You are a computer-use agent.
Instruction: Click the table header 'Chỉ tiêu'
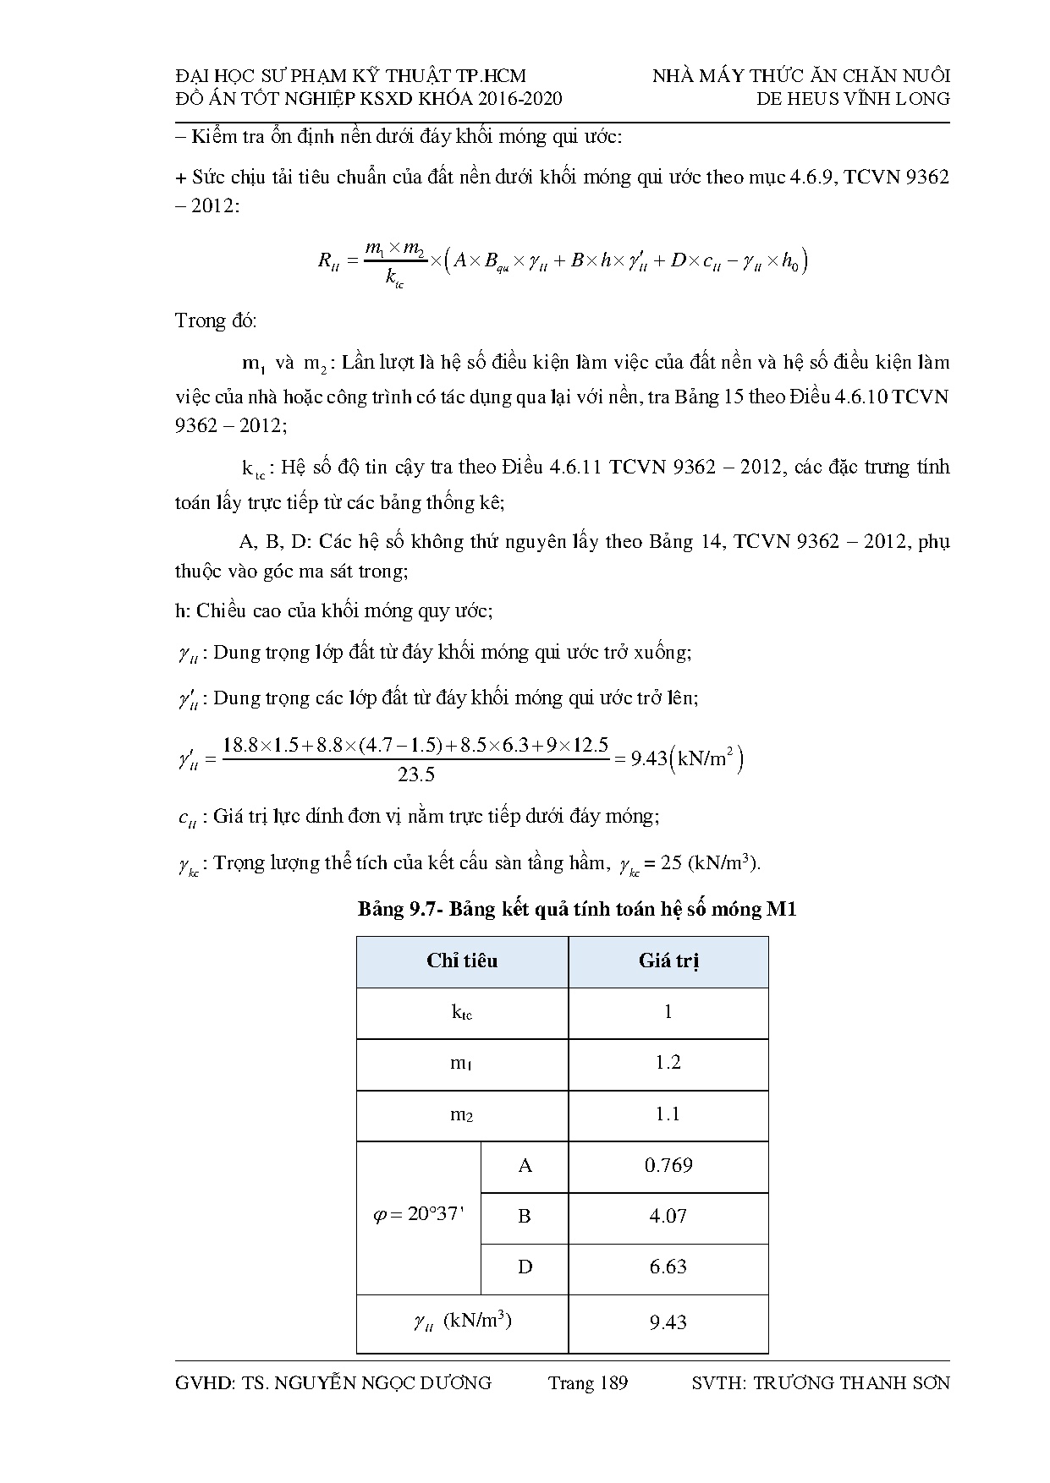click(x=462, y=961)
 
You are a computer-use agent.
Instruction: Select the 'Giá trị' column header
click(x=668, y=961)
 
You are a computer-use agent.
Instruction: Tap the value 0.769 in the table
click(x=668, y=1166)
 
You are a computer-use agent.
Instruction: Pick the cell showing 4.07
click(x=668, y=1217)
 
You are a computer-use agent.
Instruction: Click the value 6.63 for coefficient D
click(x=668, y=1267)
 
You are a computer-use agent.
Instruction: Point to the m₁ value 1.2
click(x=668, y=1063)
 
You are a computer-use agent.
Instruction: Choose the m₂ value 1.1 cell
click(x=668, y=1114)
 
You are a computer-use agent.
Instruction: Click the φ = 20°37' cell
click(x=419, y=1216)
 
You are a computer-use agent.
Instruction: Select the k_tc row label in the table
click(x=462, y=1012)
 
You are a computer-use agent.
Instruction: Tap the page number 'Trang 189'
click(x=587, y=1383)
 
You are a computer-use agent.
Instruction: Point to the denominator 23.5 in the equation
click(x=415, y=774)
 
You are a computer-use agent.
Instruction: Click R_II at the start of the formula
click(x=328, y=261)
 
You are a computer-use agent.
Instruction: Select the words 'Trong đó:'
click(x=216, y=321)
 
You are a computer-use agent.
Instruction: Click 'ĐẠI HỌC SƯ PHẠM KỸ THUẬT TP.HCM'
click(x=350, y=76)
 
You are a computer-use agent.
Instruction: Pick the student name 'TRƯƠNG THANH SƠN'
click(x=851, y=1383)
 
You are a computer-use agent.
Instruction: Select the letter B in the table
click(x=525, y=1217)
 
